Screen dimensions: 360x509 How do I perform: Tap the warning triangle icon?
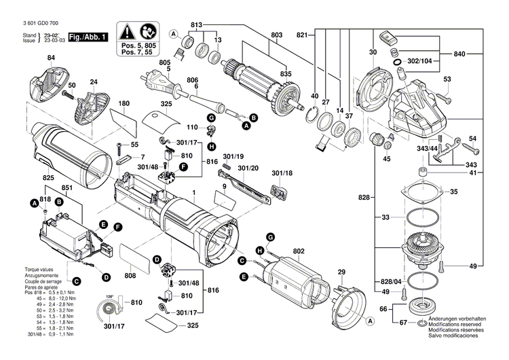(127, 31)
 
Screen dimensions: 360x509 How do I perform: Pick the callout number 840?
(459, 52)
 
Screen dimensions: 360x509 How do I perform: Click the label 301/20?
(248, 166)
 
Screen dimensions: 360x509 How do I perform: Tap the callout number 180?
(124, 104)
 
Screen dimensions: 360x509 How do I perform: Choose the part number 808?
(130, 275)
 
